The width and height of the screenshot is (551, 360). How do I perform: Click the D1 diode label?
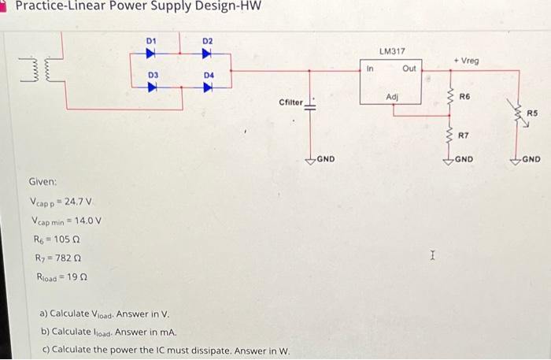click(152, 39)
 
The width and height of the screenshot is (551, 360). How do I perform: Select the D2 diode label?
click(207, 39)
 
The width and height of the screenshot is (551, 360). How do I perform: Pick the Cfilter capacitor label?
click(290, 102)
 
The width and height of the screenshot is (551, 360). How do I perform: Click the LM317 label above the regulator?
click(391, 51)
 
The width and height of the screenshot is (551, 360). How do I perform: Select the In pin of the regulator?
click(370, 69)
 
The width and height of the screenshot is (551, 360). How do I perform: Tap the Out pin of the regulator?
click(409, 69)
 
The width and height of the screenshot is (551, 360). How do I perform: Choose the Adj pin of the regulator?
click(391, 96)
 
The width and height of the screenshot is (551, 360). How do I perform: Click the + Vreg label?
click(467, 61)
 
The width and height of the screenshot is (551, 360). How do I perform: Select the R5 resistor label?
click(531, 113)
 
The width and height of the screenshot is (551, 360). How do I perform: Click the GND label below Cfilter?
click(325, 159)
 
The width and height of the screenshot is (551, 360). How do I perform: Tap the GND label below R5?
click(531, 159)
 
